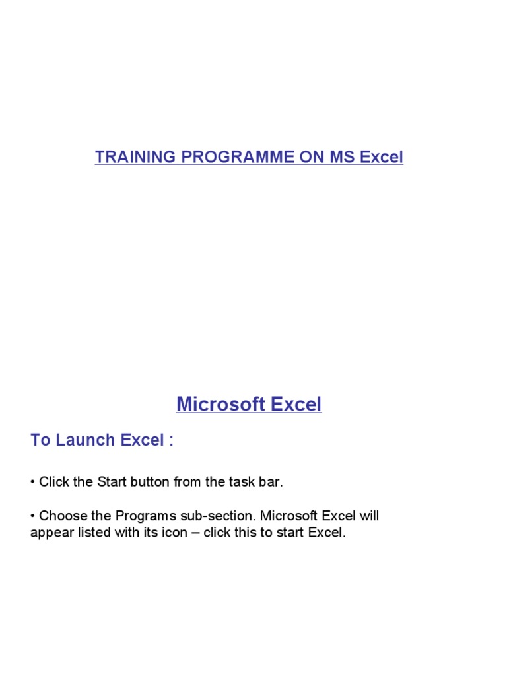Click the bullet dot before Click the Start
point(32,482)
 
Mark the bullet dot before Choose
point(32,516)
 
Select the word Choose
point(61,516)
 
